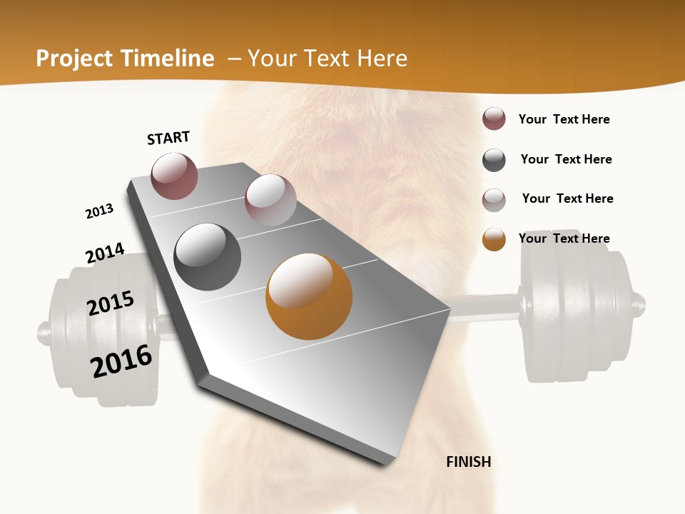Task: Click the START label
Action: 168,138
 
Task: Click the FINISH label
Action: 468,462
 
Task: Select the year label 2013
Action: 99,211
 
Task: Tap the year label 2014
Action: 105,253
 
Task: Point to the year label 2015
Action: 111,303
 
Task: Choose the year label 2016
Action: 121,361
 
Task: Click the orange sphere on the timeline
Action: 309,296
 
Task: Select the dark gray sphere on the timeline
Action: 208,257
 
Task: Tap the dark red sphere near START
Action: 175,176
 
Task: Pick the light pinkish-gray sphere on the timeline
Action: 270,200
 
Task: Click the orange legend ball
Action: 494,239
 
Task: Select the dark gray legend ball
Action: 494,160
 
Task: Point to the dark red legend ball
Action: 494,119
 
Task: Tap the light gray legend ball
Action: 494,199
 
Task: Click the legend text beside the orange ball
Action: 564,238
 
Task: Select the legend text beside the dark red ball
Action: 564,119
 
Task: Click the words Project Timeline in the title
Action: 125,59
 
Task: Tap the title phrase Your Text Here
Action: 328,59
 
